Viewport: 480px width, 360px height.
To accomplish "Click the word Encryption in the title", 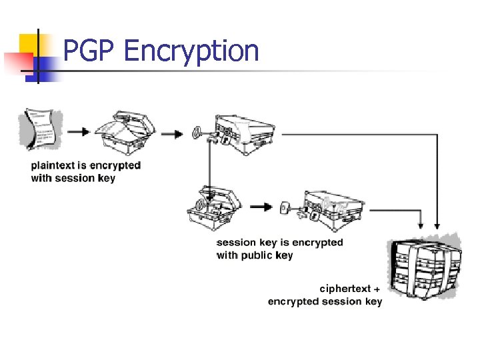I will [191, 51].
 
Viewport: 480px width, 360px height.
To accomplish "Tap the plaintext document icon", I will [43, 129].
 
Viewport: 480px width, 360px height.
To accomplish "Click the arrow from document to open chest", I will [78, 131].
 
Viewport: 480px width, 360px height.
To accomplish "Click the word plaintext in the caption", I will [55, 165].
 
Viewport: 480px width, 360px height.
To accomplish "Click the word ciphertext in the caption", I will [345, 289].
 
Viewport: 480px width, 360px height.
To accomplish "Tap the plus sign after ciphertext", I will [378, 289].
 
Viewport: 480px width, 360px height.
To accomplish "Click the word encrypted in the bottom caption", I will [293, 301].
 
